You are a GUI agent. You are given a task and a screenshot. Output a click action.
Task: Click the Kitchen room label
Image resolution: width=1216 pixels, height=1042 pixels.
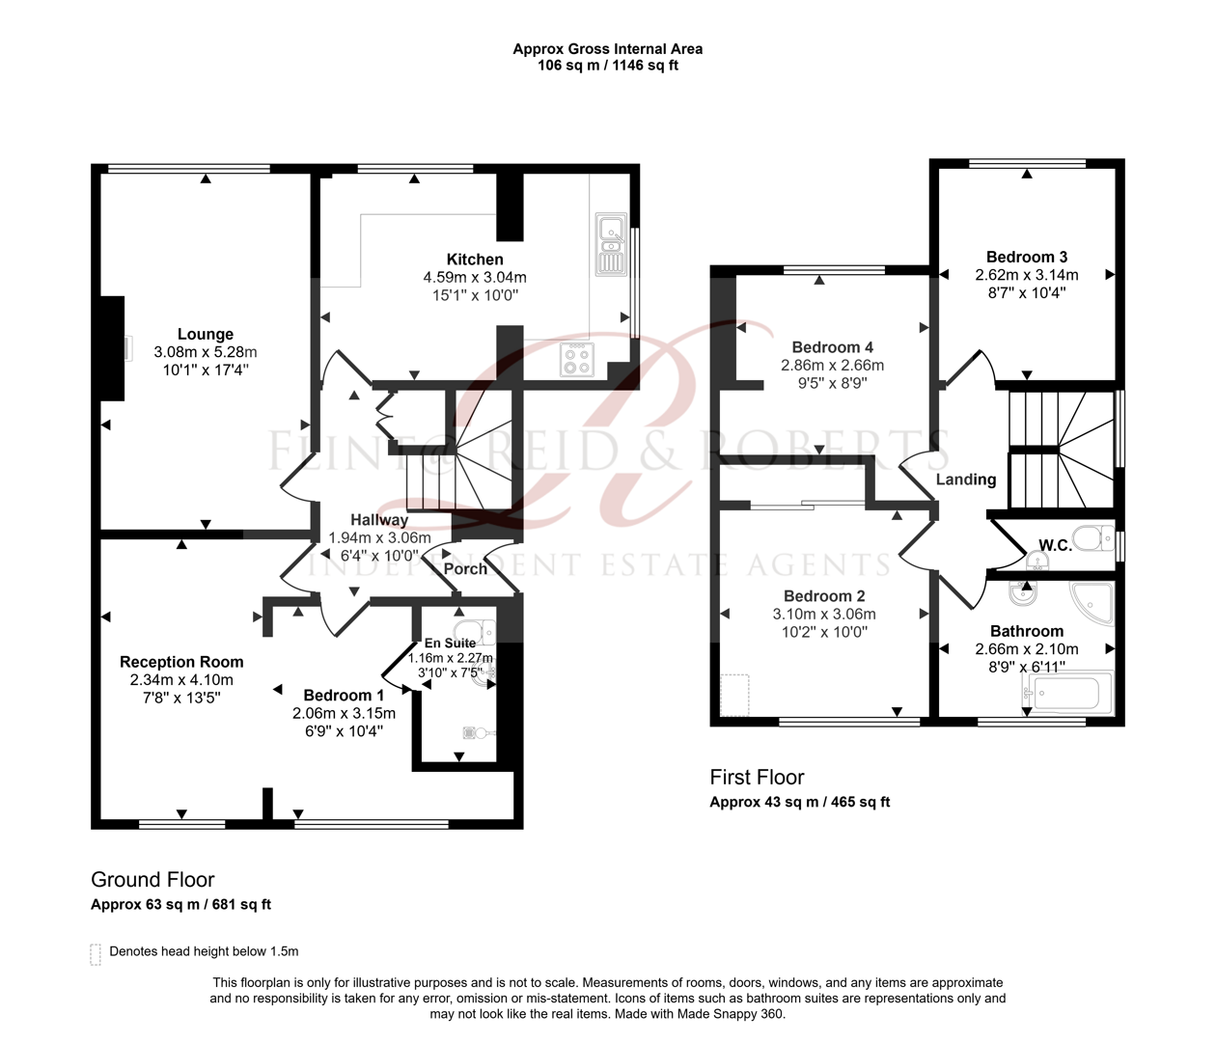click(474, 260)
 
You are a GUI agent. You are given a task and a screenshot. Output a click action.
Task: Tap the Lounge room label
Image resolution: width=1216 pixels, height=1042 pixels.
click(205, 335)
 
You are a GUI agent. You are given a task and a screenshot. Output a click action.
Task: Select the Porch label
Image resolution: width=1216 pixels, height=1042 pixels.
click(465, 569)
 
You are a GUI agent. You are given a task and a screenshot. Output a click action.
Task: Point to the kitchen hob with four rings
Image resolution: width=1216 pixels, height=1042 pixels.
click(577, 361)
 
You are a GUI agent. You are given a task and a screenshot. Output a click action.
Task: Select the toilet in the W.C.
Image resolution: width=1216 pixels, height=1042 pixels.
click(1092, 537)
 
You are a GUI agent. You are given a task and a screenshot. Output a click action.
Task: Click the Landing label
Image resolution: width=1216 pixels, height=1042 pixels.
click(965, 480)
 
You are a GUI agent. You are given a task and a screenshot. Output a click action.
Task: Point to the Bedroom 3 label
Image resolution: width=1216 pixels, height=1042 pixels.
click(1026, 257)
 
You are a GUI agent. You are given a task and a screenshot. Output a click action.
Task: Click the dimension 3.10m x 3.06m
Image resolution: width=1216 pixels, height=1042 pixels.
click(824, 615)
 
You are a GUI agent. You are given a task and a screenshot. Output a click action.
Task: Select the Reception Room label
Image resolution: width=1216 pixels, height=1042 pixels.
click(181, 662)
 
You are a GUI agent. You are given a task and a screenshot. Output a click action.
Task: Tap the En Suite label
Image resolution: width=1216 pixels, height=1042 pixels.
click(450, 644)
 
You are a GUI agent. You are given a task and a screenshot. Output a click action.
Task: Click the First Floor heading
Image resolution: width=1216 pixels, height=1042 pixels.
click(757, 778)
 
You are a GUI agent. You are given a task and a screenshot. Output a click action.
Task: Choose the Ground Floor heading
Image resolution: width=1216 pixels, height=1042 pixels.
click(152, 880)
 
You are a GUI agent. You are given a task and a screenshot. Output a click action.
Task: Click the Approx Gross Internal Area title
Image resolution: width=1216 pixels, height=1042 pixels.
click(607, 49)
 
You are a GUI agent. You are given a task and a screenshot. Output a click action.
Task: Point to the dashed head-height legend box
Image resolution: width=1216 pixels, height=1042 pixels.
click(96, 954)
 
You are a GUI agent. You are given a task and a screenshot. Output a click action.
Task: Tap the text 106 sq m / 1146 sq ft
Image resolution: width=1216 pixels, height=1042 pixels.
click(607, 66)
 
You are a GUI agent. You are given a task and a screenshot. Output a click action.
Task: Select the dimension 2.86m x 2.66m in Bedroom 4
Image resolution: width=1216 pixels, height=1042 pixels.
click(832, 366)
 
